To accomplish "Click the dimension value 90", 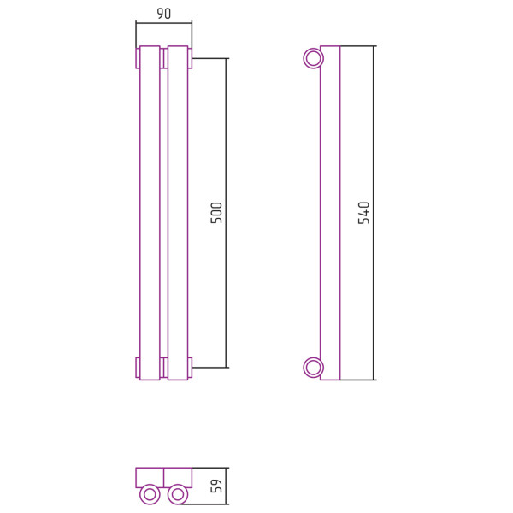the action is click(164, 14).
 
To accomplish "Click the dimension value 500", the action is click(216, 213).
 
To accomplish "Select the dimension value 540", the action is click(364, 213).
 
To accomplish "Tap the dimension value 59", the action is click(216, 486).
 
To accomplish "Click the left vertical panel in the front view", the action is click(150, 213).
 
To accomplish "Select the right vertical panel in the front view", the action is click(178, 213).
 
